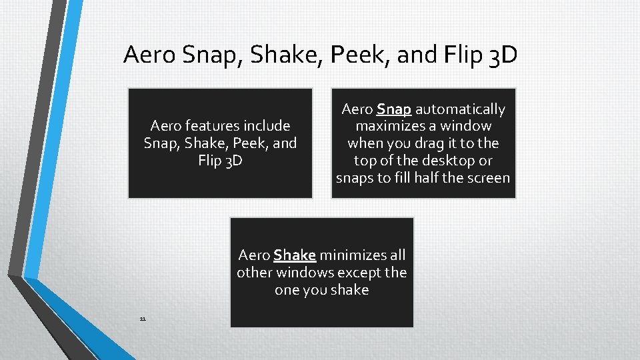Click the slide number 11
tap(143, 319)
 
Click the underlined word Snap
tap(393, 109)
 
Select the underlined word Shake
tap(294, 255)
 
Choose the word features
tap(213, 126)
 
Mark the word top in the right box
tap(365, 161)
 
